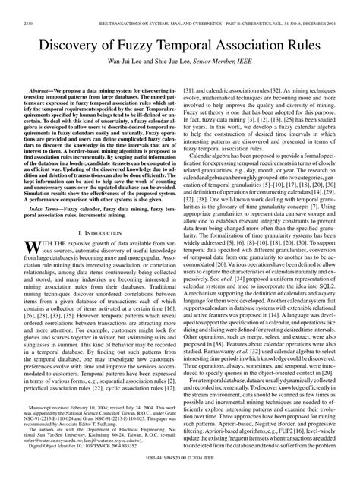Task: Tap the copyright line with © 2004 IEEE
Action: coord(180,472)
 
